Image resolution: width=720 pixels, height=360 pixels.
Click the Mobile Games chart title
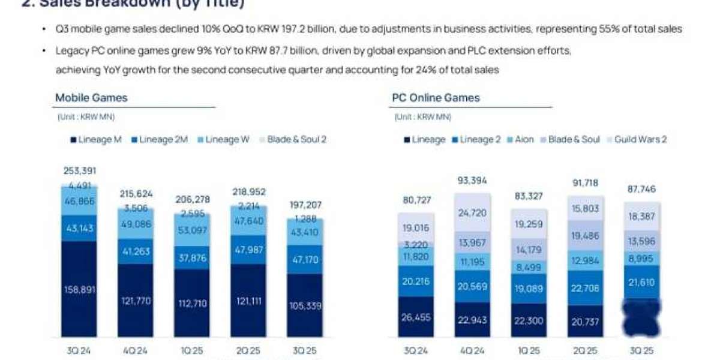pos(91,98)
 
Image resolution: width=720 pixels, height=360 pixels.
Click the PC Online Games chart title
pos(436,98)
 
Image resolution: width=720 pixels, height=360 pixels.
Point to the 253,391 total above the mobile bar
pos(79,171)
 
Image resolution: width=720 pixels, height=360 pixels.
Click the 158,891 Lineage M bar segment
pos(79,290)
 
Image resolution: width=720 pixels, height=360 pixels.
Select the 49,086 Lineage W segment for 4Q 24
pos(134,223)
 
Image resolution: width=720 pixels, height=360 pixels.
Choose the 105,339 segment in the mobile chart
pos(305,306)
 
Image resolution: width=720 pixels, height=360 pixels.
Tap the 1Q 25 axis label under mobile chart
pos(191,350)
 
